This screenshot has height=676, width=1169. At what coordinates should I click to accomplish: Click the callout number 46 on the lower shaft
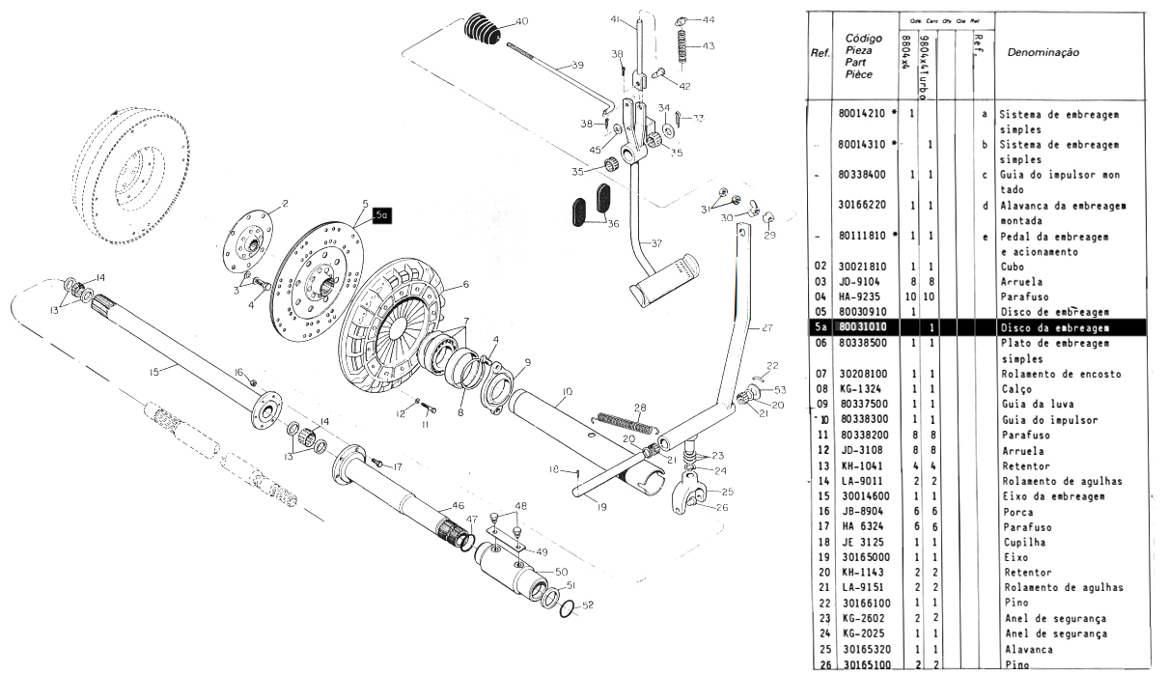pyautogui.click(x=458, y=505)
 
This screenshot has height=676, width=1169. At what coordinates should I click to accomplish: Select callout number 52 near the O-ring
pyautogui.click(x=589, y=605)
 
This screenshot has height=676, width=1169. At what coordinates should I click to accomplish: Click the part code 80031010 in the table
pyautogui.click(x=864, y=328)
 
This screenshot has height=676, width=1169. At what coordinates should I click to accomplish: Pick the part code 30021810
pyautogui.click(x=864, y=266)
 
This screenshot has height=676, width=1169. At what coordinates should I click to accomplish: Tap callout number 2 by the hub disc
pyautogui.click(x=286, y=204)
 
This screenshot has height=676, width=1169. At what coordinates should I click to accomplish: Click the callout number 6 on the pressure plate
pyautogui.click(x=465, y=284)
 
